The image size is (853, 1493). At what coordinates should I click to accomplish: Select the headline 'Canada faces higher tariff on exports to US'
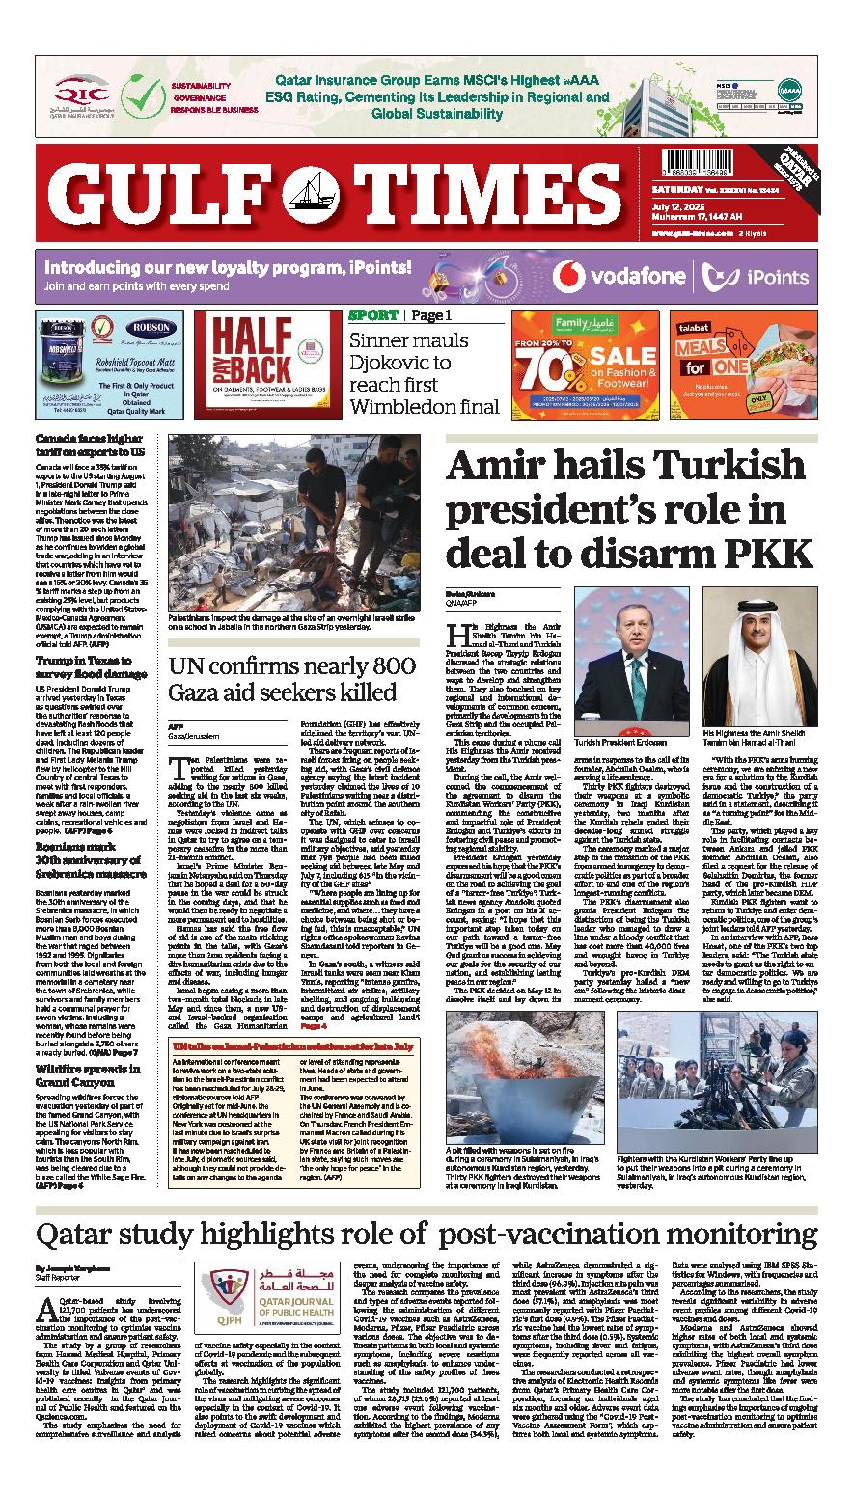tap(90, 445)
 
